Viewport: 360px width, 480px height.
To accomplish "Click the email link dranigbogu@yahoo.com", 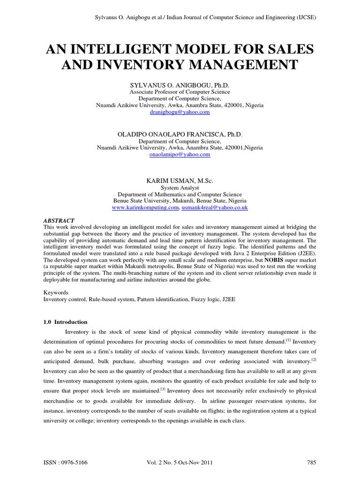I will (180, 112).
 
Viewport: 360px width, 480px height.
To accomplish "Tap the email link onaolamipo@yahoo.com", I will (180, 154).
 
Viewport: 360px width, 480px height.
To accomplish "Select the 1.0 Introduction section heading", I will (65, 322).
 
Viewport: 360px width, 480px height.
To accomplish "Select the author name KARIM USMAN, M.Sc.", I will (180, 180).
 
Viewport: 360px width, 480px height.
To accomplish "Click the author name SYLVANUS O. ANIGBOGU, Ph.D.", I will (180, 86).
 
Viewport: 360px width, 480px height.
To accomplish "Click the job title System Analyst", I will (180, 187).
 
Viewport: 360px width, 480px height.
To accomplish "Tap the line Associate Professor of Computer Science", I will (180, 92).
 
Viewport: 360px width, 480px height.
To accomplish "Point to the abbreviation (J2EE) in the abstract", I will (307, 252).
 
